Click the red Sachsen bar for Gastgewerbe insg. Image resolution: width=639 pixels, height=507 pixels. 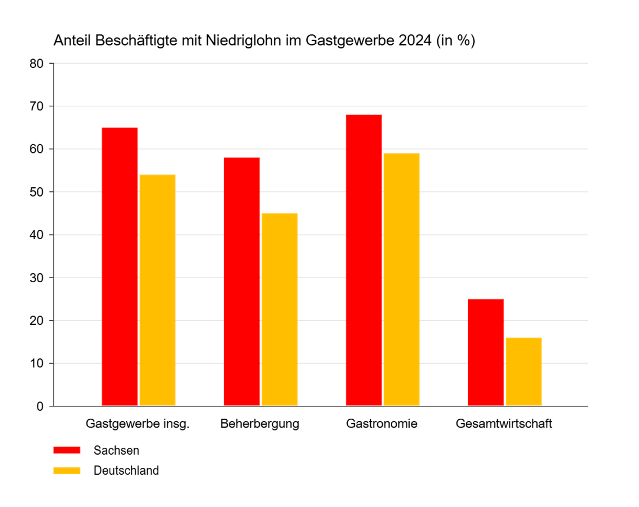pos(119,267)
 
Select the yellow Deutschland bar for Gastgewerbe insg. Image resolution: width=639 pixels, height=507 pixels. pos(157,290)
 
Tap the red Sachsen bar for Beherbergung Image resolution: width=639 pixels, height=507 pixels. pos(242,282)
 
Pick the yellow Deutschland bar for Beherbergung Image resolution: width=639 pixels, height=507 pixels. pos(279,309)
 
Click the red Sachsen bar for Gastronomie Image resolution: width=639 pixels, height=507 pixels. pos(364,260)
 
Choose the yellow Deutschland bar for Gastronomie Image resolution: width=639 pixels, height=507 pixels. pos(402,280)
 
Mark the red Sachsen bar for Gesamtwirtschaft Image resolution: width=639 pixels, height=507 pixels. pos(486,353)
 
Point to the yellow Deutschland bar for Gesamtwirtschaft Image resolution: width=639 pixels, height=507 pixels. pos(524,372)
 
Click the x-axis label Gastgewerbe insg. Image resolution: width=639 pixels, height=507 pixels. pos(137,424)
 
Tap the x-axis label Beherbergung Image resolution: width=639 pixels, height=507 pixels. pos(259,424)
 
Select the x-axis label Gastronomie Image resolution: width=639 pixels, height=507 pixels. pos(382,424)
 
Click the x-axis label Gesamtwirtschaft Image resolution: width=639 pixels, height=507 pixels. pos(504,424)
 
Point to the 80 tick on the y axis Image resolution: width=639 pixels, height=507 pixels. pos(37,64)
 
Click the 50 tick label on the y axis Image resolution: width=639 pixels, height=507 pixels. pos(37,192)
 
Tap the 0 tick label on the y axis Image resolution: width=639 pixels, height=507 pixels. pos(40,406)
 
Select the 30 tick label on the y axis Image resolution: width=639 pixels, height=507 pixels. pos(37,278)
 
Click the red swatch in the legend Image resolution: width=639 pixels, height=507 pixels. pos(67,450)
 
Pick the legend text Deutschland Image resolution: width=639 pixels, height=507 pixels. pos(126,471)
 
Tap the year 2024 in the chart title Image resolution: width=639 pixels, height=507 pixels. pos(415,41)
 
